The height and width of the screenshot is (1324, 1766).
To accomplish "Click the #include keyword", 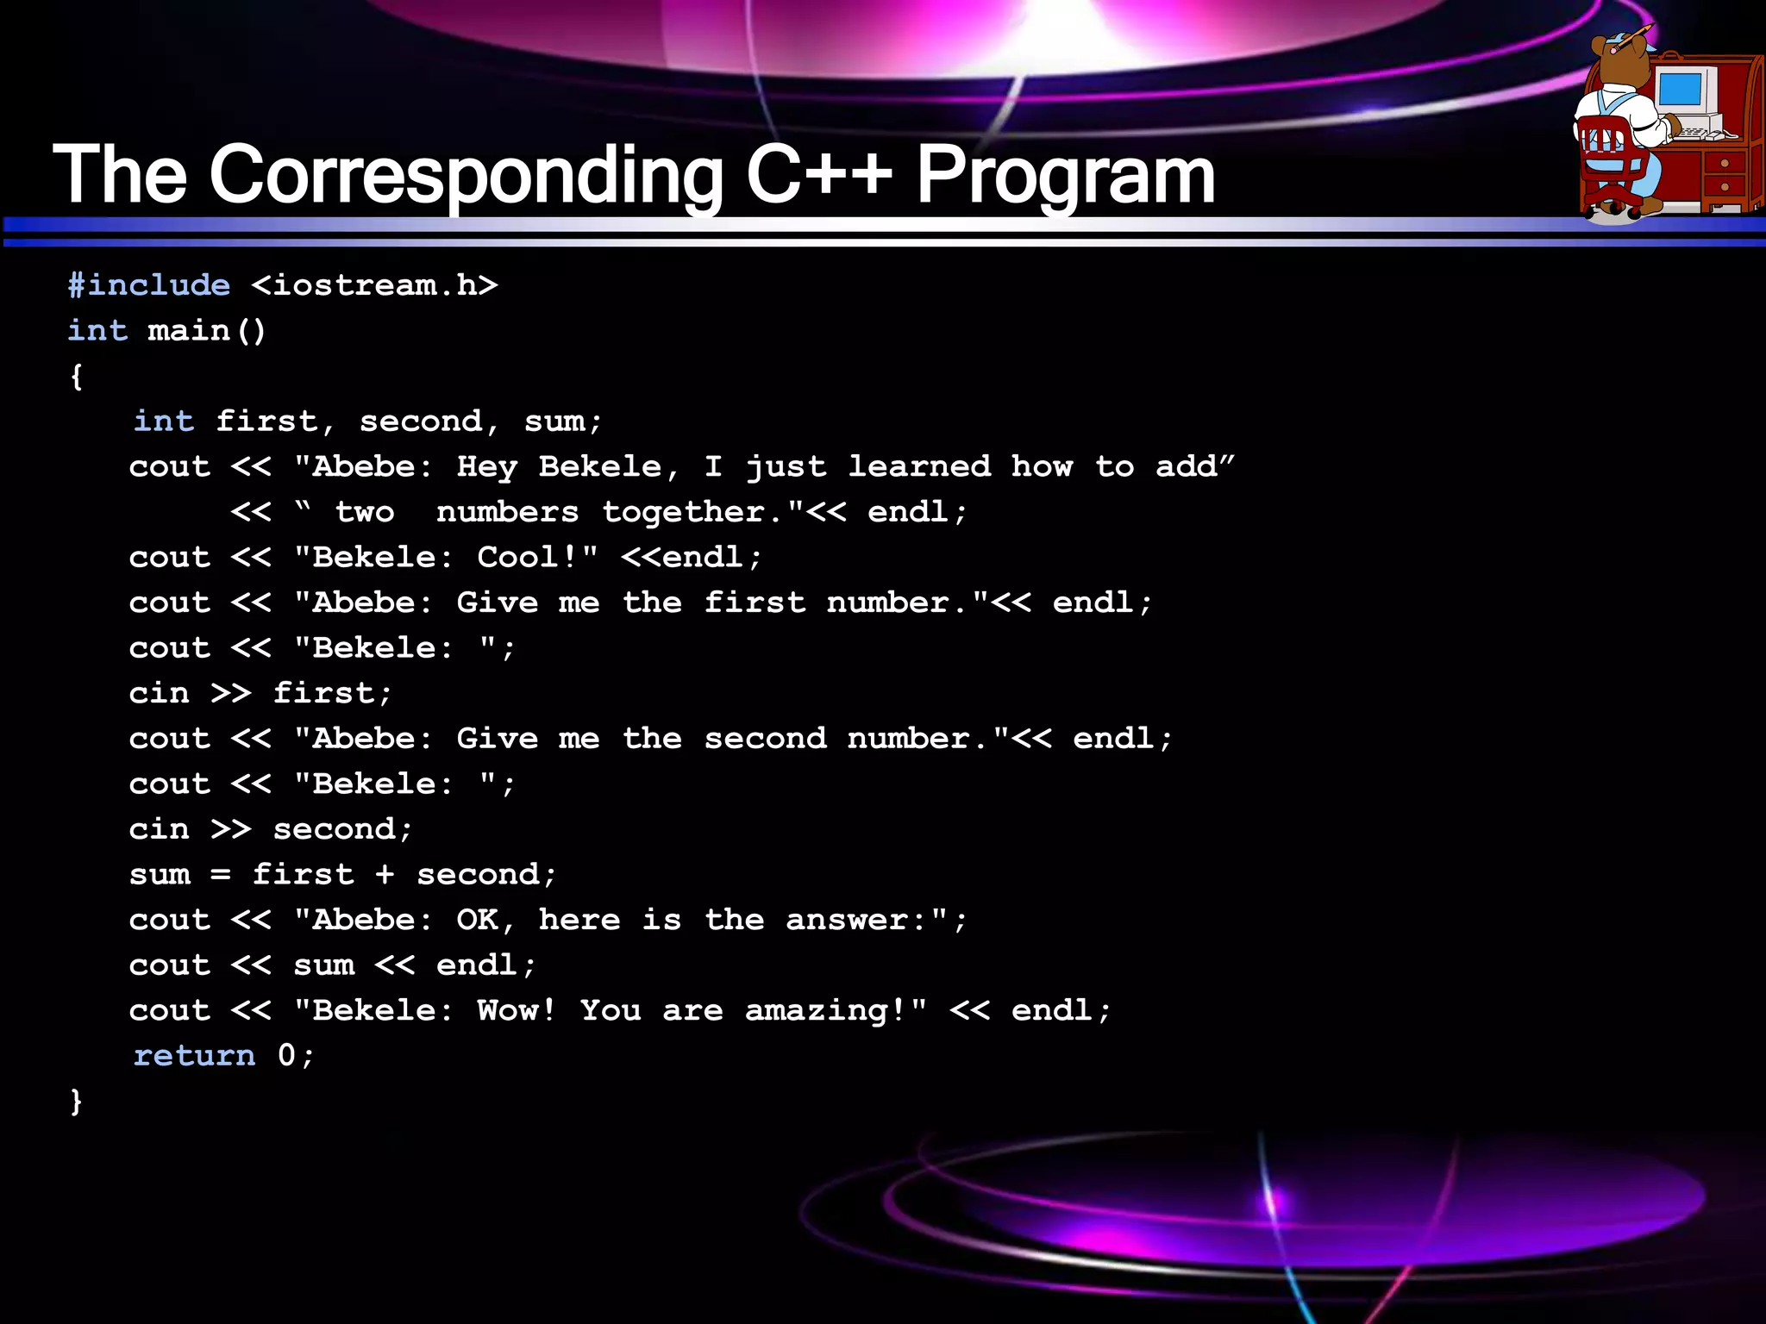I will pos(149,285).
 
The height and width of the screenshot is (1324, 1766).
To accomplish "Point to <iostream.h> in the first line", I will pos(374,285).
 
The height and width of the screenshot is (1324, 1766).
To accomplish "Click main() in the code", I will pos(207,331).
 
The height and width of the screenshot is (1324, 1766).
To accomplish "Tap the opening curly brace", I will pos(77,377).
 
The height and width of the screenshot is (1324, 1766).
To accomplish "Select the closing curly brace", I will pos(77,1101).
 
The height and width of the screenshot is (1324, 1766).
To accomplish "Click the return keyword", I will pos(195,1056).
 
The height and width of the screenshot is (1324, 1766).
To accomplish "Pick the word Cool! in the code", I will pos(527,558).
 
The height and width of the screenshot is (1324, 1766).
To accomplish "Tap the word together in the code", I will pos(683,512).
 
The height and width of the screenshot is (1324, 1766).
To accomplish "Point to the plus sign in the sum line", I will pos(385,875).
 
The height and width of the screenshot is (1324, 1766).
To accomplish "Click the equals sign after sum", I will pos(221,875).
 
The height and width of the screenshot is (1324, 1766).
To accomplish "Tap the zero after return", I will pos(286,1056).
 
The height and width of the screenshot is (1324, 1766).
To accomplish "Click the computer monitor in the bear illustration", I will pos(1681,89).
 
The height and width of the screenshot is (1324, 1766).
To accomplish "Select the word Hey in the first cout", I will pos(487,467).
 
